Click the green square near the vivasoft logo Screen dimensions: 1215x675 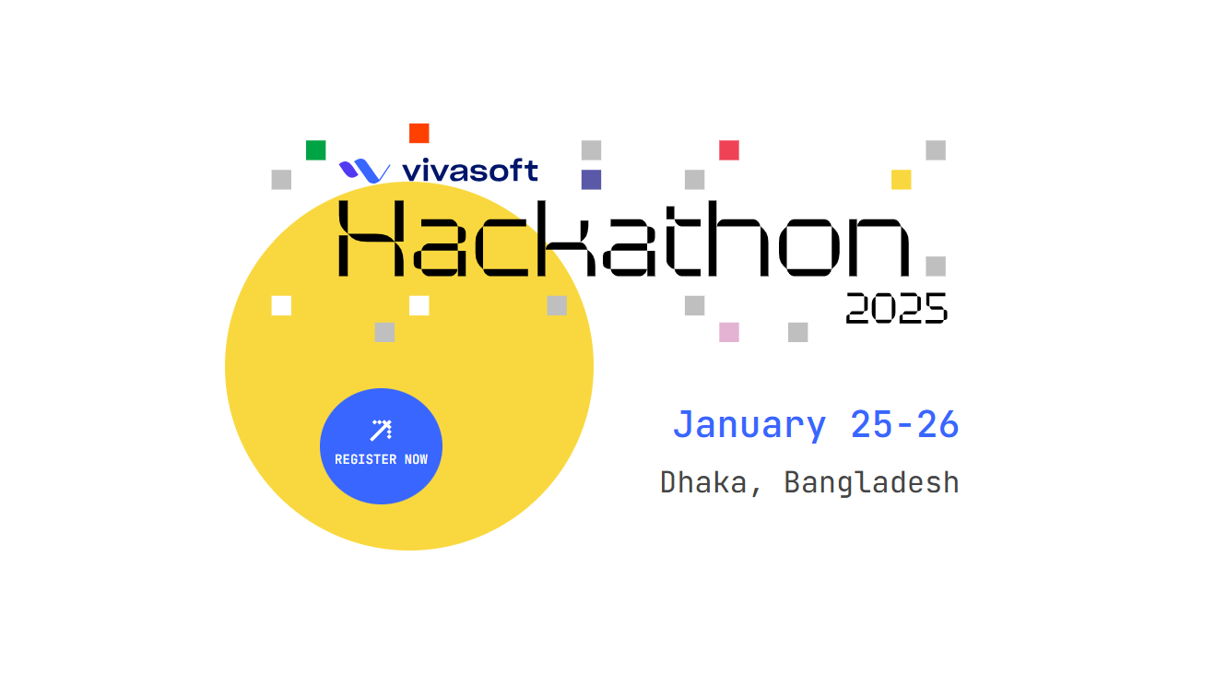[315, 150]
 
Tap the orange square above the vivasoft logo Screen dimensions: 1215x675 [419, 134]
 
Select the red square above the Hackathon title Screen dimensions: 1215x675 [729, 150]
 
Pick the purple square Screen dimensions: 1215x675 [591, 180]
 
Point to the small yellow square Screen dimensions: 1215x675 [902, 180]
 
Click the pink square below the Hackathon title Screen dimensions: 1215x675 [729, 332]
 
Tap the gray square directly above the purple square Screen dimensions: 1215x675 [591, 150]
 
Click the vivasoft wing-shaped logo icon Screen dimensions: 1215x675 [364, 171]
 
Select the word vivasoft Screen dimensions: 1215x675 [470, 170]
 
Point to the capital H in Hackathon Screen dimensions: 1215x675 [372, 239]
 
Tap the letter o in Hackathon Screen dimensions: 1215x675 [808, 247]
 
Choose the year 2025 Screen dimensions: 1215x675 [897, 309]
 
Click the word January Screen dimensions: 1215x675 [749, 425]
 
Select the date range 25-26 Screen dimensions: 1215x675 [904, 424]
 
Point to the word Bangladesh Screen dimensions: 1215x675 [872, 483]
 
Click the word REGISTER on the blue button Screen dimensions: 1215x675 [366, 459]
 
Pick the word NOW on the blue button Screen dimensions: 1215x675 [416, 459]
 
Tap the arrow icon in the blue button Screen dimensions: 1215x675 [381, 431]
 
